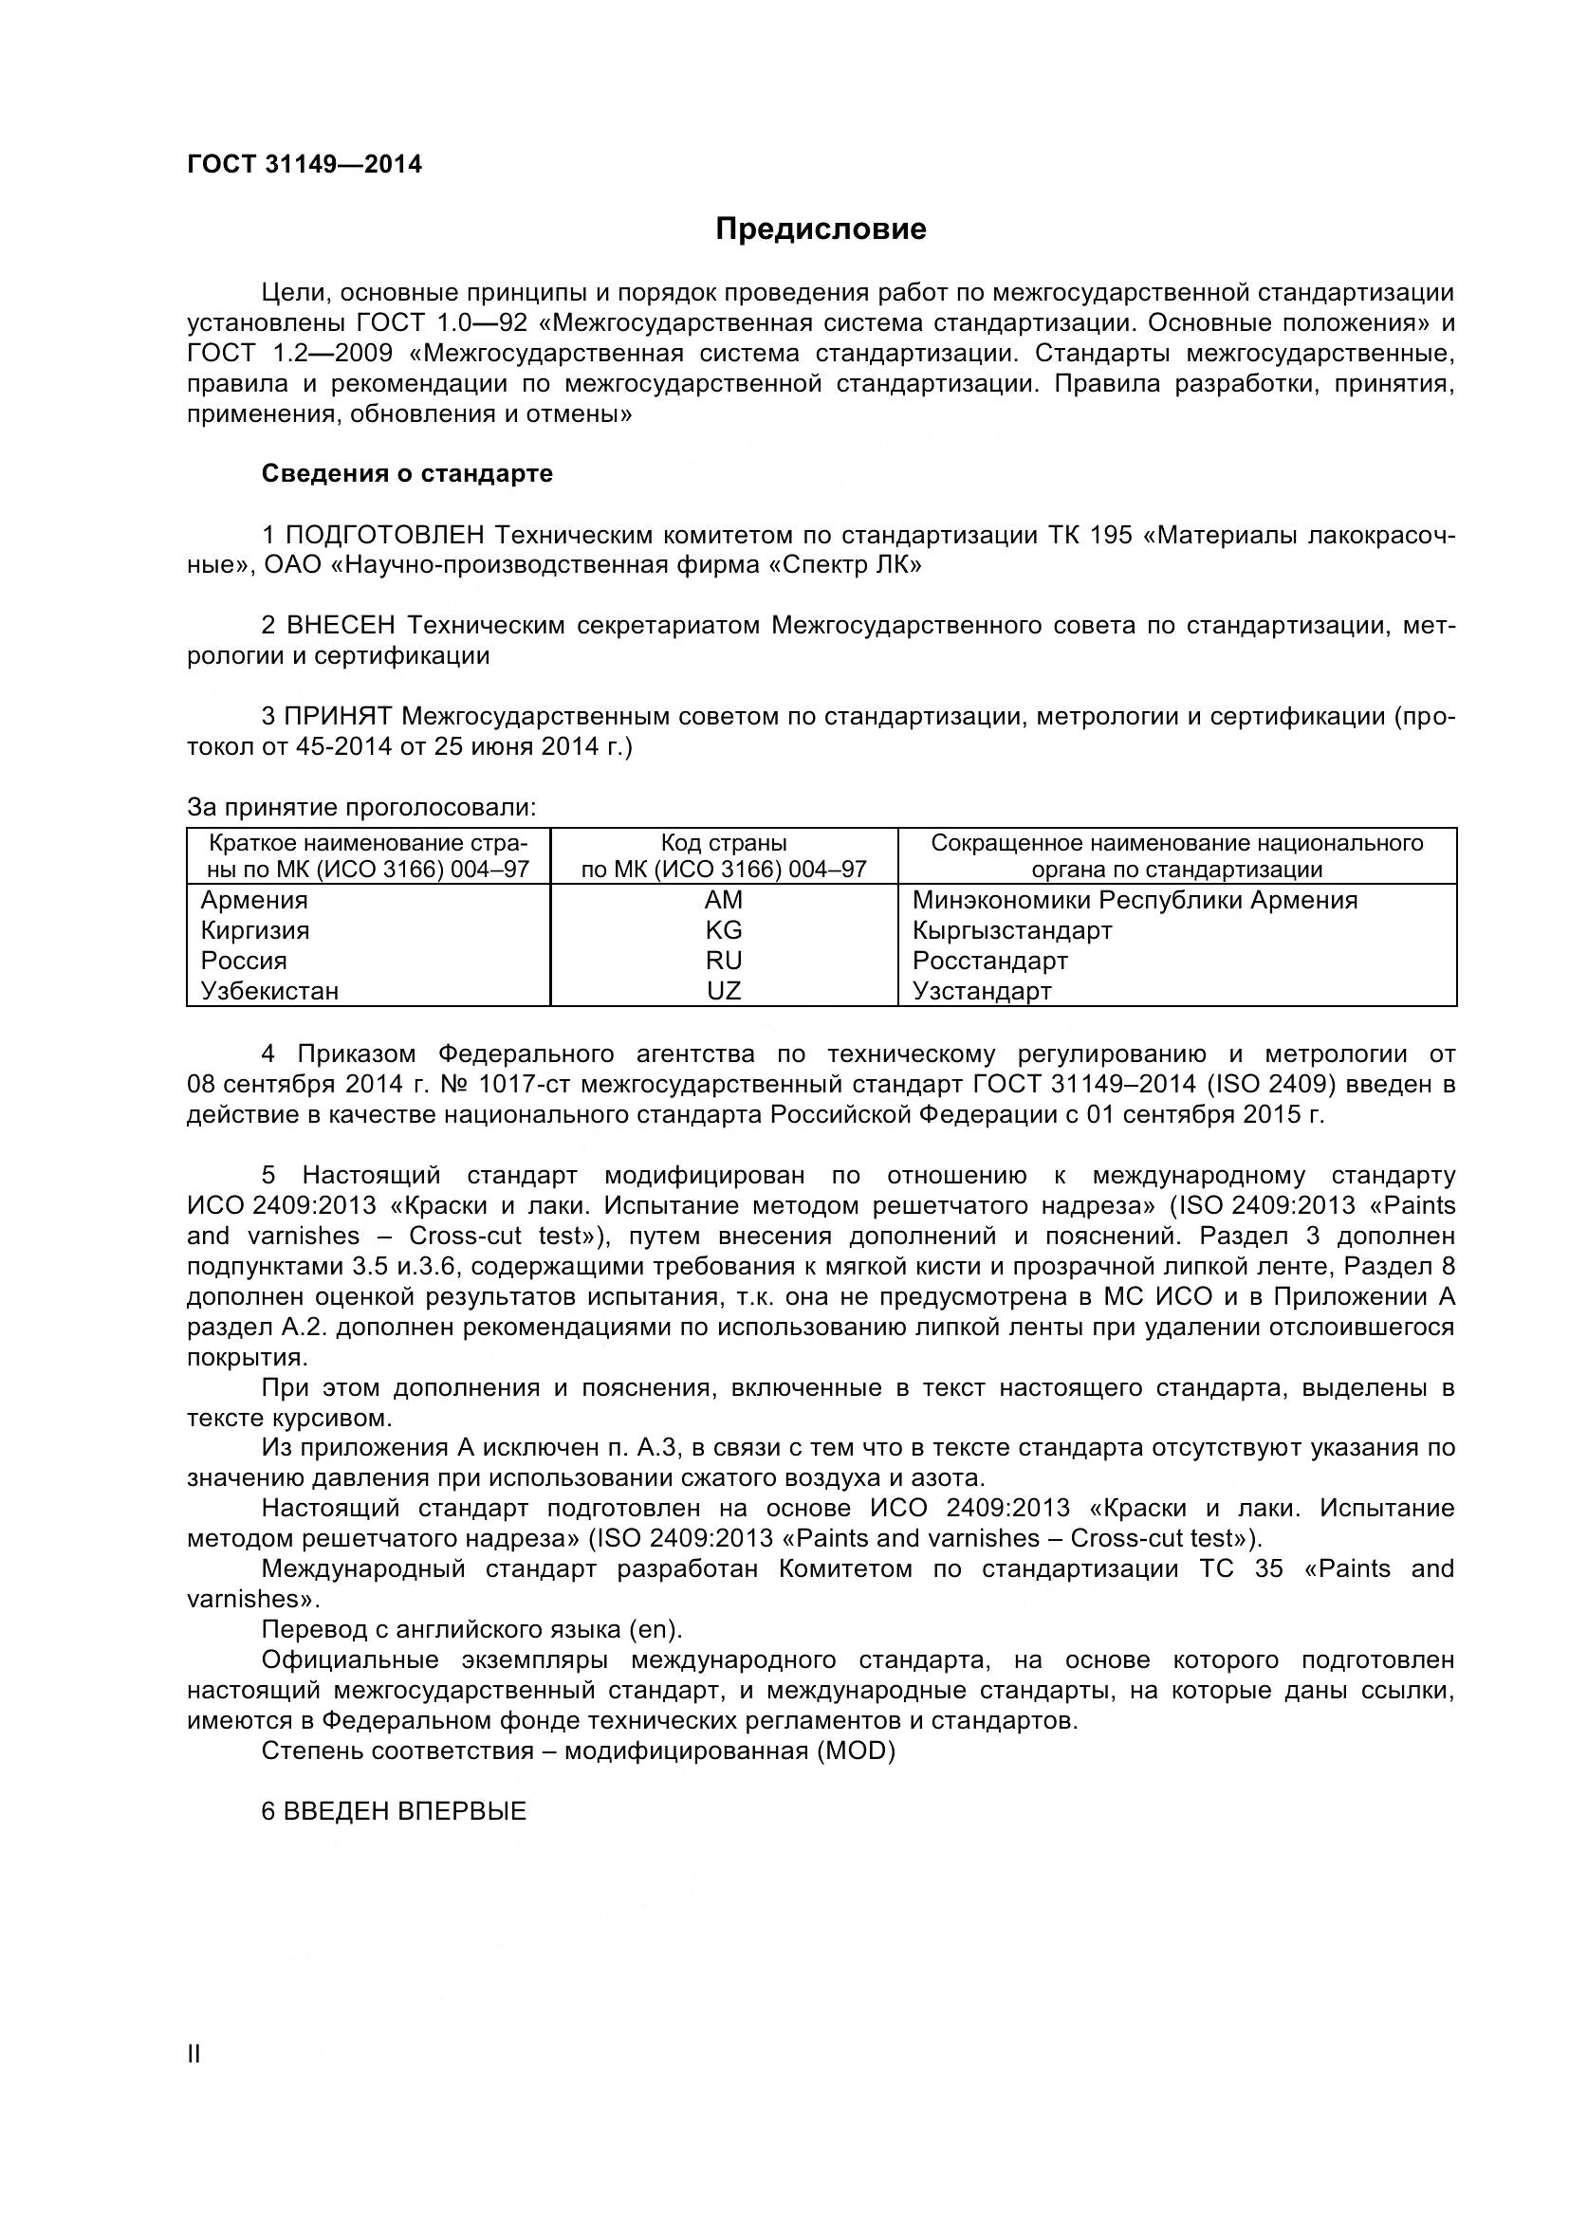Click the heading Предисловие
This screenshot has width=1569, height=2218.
[x=821, y=229]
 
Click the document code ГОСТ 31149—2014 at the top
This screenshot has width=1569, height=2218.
[x=305, y=164]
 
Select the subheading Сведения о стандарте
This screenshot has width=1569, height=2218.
[x=407, y=473]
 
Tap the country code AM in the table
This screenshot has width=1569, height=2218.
[x=723, y=900]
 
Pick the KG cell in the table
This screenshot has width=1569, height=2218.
[x=723, y=930]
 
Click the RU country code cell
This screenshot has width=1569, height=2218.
[x=723, y=961]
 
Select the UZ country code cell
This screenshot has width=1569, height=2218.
[x=723, y=991]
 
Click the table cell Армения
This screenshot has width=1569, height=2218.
[x=254, y=900]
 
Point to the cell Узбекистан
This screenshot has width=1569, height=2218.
[x=269, y=991]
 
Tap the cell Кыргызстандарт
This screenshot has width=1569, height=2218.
[x=1011, y=930]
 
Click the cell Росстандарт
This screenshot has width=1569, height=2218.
[x=989, y=961]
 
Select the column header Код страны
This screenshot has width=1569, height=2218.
[x=723, y=843]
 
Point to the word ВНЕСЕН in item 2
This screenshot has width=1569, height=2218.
[x=342, y=626]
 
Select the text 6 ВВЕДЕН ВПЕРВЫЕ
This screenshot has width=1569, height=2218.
[x=394, y=1811]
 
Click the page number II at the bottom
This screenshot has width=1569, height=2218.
[x=194, y=2055]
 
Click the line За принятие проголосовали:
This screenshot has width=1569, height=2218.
[x=361, y=808]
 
